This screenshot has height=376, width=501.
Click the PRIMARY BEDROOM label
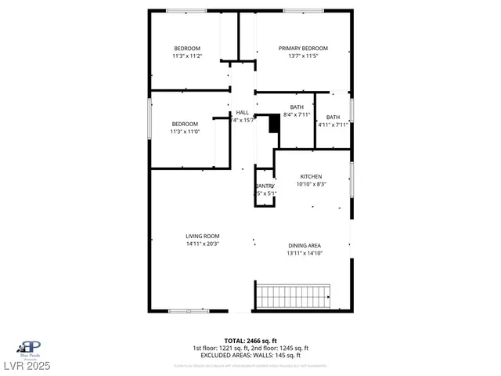click(303, 48)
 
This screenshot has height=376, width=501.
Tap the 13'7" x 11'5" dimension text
click(303, 56)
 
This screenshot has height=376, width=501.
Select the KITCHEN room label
click(311, 176)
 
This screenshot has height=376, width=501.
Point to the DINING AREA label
click(305, 245)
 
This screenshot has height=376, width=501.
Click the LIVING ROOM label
click(202, 236)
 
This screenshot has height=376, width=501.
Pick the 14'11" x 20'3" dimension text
click(202, 244)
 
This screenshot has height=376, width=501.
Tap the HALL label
click(243, 112)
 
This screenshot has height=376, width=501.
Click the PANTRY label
click(265, 186)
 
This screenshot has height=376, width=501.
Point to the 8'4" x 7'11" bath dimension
click(297, 115)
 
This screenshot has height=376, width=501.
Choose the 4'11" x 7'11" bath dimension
click(333, 124)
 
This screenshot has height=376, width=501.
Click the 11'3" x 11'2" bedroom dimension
click(186, 56)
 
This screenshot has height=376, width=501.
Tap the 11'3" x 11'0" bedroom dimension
click(186, 132)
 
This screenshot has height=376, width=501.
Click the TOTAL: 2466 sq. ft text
click(250, 341)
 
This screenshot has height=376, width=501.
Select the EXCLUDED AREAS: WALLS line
click(250, 355)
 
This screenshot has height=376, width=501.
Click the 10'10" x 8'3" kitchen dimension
click(311, 185)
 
